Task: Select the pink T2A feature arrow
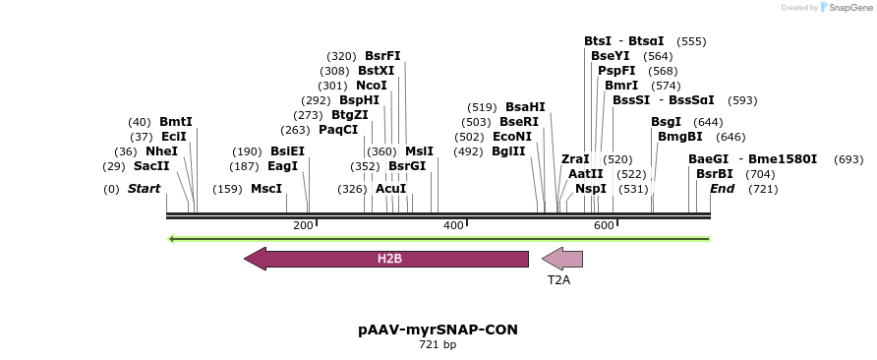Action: (x=563, y=259)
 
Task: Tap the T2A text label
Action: (x=558, y=280)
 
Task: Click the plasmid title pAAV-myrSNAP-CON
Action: (x=438, y=330)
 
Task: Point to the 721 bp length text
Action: (x=438, y=345)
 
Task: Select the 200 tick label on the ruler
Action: (x=303, y=226)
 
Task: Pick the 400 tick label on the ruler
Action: (x=453, y=226)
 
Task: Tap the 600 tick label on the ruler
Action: (x=604, y=226)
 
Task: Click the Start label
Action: (x=144, y=189)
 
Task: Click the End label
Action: (x=722, y=189)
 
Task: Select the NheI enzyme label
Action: (x=161, y=151)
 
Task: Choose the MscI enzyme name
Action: (x=265, y=189)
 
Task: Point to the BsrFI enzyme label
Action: (x=382, y=56)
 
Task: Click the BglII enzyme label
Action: (x=508, y=151)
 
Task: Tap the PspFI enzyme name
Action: (x=616, y=71)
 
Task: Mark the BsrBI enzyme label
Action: (x=714, y=174)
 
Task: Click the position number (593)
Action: (x=743, y=100)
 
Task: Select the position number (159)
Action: (x=227, y=189)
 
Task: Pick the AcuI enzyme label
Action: (x=390, y=189)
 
